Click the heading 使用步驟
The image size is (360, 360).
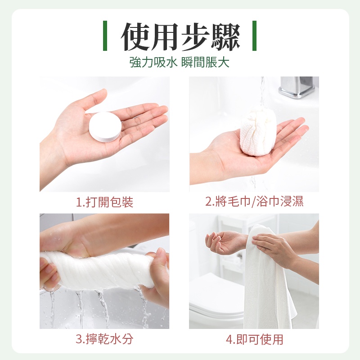point(180,37)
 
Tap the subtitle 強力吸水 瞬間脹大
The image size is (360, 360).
point(180,63)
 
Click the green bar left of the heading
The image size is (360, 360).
point(105,36)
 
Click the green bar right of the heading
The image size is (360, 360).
point(254,36)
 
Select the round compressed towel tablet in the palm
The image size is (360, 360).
point(105,127)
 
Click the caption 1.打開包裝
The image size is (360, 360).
point(104,202)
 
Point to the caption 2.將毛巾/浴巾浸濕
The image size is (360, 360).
point(254,202)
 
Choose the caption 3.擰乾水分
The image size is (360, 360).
point(104,339)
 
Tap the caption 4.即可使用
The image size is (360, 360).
point(254,339)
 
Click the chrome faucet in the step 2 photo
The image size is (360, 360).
point(297,87)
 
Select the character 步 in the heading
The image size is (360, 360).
point(195,37)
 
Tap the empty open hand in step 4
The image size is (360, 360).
point(225,242)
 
